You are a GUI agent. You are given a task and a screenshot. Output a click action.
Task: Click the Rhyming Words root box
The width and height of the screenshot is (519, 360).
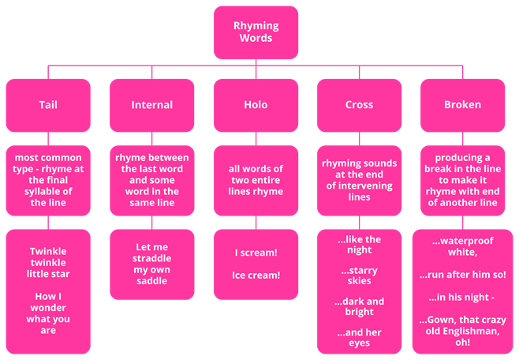tap(256, 32)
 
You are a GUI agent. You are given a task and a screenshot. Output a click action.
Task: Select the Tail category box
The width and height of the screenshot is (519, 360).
tap(48, 104)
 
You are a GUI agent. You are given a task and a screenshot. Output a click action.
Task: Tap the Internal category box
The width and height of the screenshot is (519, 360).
tap(151, 104)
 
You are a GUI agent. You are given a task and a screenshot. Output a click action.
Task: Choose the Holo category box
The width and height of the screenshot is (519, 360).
tap(256, 104)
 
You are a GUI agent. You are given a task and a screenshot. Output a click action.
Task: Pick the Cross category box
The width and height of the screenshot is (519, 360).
tap(359, 104)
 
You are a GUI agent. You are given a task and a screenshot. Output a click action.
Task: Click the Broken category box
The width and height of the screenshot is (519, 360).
tap(462, 104)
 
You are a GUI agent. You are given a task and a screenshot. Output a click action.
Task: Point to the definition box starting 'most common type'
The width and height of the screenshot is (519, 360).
tap(48, 180)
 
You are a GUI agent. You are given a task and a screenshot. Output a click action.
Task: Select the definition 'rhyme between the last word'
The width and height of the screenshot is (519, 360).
tap(151, 180)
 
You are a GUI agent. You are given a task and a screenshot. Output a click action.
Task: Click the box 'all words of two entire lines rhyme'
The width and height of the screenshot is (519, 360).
tap(256, 180)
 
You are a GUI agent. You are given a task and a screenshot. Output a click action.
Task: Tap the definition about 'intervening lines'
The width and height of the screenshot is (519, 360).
tap(359, 180)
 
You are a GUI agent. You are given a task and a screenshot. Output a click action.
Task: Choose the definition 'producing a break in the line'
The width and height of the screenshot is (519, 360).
tap(462, 180)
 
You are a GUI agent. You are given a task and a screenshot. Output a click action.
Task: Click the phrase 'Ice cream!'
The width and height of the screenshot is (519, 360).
tap(256, 276)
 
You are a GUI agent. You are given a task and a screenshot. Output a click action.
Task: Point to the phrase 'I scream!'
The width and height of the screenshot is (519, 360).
tap(256, 253)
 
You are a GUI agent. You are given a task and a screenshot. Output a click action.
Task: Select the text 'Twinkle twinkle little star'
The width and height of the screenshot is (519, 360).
tap(48, 263)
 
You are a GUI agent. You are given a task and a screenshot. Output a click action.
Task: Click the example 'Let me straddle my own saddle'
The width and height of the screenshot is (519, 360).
tap(151, 264)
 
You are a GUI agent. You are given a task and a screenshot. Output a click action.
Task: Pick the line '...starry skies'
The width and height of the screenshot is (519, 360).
tap(359, 276)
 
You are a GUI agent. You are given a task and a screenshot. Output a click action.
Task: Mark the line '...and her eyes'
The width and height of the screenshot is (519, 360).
tap(359, 337)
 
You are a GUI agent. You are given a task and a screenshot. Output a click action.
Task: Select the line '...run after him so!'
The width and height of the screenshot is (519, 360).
tap(462, 275)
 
